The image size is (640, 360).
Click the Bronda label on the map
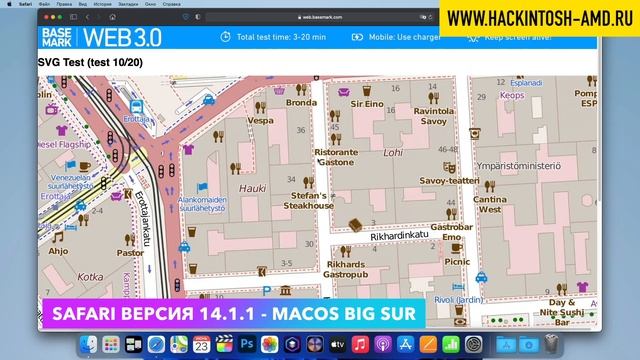pos(300,102)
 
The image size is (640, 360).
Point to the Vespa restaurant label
pos(260,120)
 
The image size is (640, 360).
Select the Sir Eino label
pos(366,103)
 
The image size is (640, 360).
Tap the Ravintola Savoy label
pos(433,116)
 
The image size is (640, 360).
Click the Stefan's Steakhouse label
pos(307,199)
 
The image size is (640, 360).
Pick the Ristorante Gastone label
pos(335,156)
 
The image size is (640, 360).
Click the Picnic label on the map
pos(456,261)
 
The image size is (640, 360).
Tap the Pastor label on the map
pos(130,253)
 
